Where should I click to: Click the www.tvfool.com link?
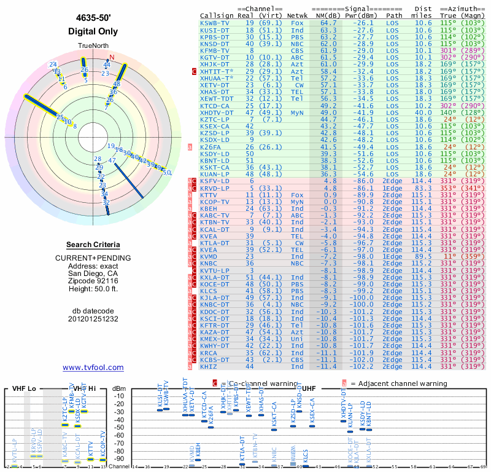[x=93, y=368]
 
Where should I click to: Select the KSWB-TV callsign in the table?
[x=215, y=23]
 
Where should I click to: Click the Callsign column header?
[x=217, y=16]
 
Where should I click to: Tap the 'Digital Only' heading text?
[x=93, y=31]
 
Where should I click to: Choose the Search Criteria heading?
[x=93, y=245]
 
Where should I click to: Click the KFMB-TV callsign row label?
[x=215, y=50]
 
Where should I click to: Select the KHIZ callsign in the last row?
[x=209, y=366]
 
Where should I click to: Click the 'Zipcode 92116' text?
[x=93, y=281]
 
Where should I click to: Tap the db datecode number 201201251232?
[x=93, y=319]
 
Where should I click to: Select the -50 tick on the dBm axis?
[x=118, y=427]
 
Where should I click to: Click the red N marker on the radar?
[x=112, y=57]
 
